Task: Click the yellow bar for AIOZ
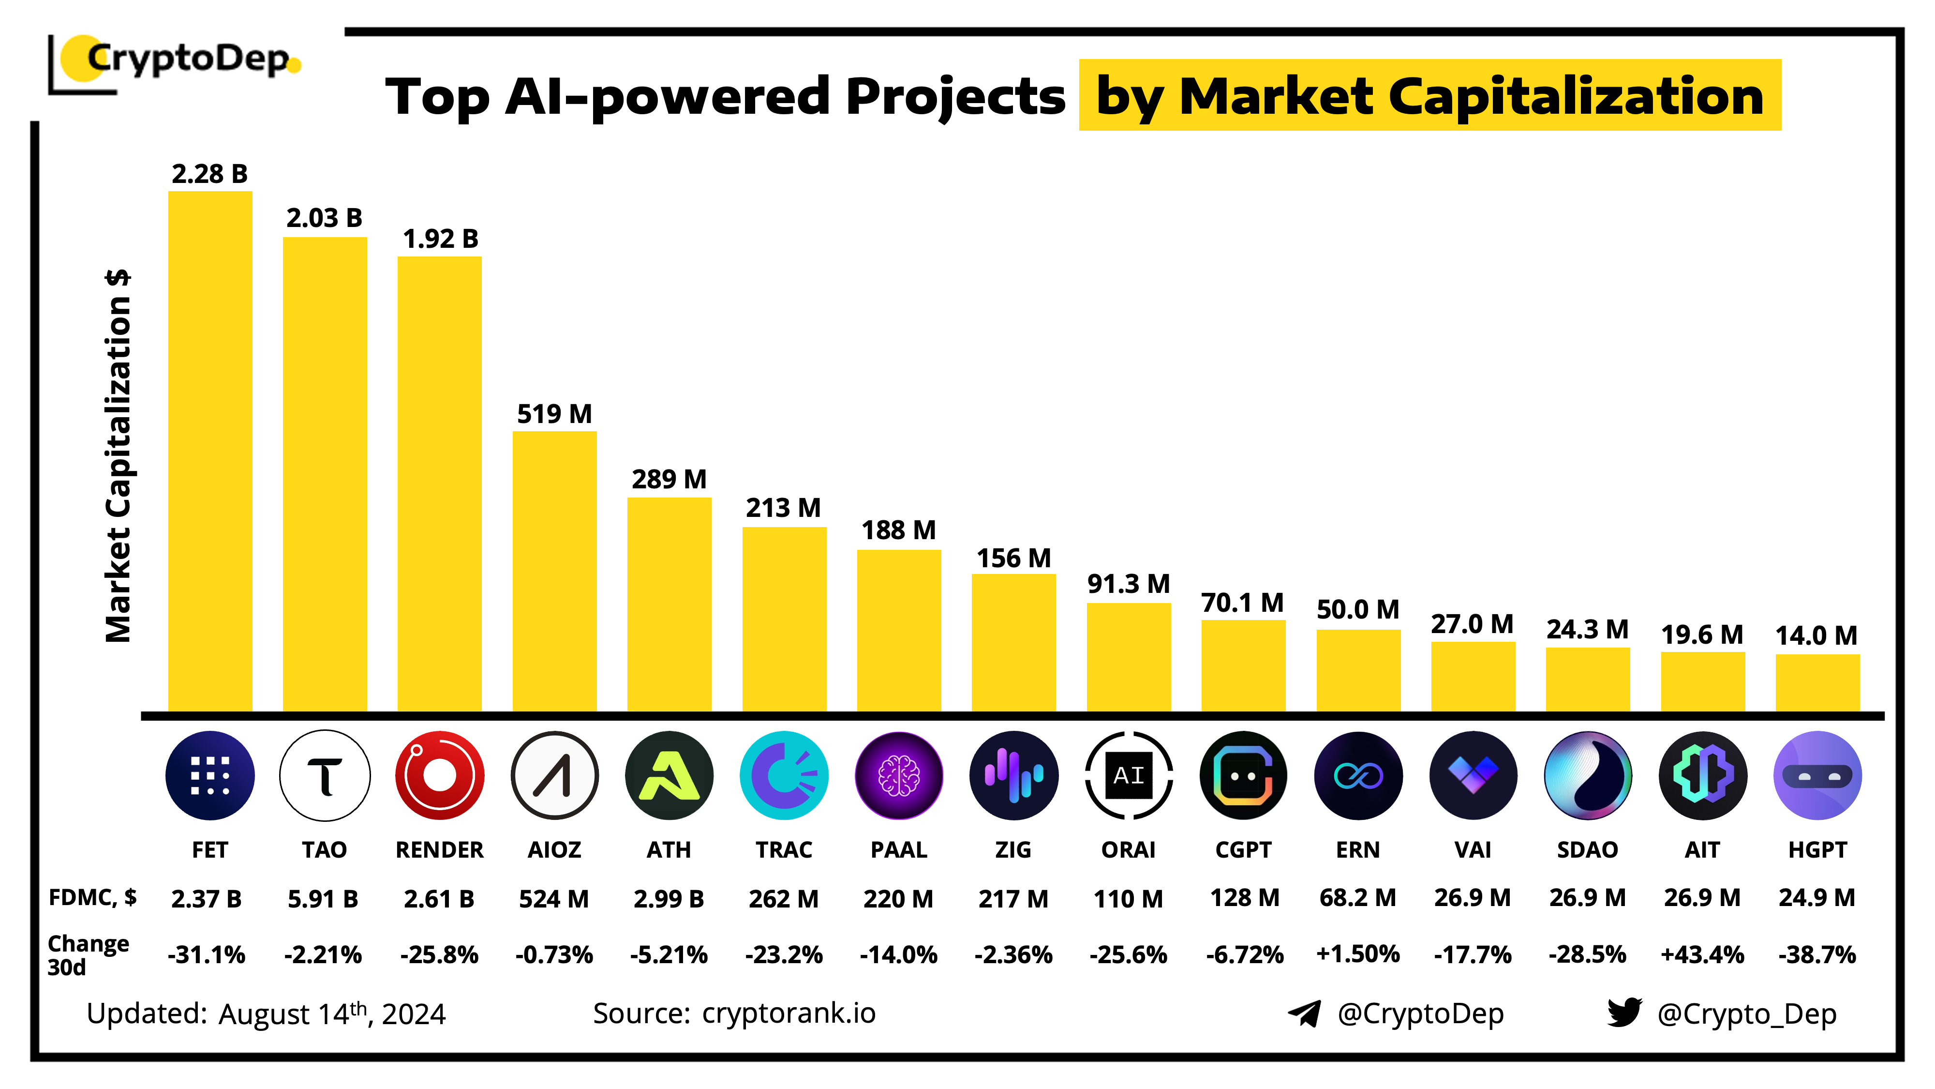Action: point(554,571)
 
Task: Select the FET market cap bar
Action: point(209,451)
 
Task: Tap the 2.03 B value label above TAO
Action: point(325,218)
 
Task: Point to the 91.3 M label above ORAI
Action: point(1128,584)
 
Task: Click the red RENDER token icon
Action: point(439,775)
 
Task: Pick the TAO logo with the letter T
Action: point(325,775)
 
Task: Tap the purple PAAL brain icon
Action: point(898,775)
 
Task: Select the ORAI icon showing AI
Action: point(1128,775)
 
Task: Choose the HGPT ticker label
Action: point(1817,850)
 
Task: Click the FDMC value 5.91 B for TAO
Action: point(323,899)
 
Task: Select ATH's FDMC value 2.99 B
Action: point(669,899)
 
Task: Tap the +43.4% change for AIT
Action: point(1702,954)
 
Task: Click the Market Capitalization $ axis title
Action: point(119,456)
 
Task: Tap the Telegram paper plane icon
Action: point(1304,1014)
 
